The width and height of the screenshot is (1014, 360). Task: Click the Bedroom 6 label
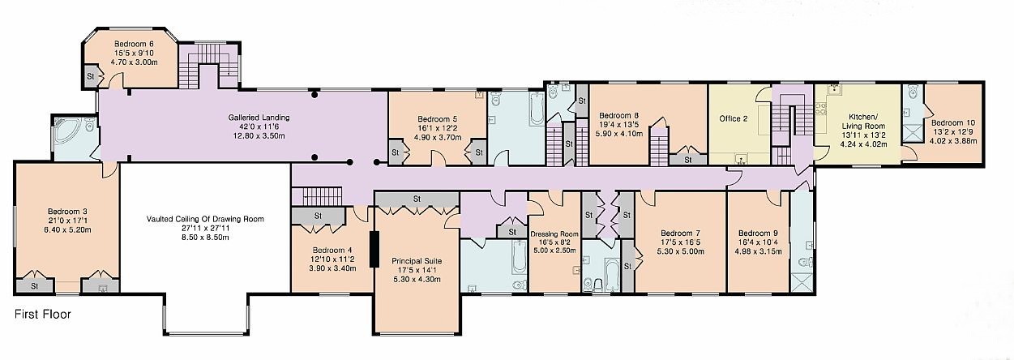(x=134, y=44)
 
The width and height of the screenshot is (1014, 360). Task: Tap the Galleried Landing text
(x=259, y=118)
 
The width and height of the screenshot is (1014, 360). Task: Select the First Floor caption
(x=42, y=315)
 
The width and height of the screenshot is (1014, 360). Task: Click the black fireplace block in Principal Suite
(x=374, y=249)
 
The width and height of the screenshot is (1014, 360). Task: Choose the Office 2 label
(x=734, y=118)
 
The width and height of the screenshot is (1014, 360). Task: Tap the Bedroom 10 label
(x=952, y=122)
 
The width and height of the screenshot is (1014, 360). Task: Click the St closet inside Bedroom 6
(x=91, y=76)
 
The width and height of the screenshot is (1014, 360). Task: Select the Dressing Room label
(x=554, y=234)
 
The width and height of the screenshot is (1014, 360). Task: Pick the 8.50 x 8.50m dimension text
(x=206, y=238)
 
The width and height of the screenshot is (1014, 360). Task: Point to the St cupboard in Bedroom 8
(x=688, y=160)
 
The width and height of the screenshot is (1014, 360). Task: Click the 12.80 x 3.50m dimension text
(x=259, y=136)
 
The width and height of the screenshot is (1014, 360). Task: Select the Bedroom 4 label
(x=332, y=250)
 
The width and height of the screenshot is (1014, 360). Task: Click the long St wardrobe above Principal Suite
(x=417, y=199)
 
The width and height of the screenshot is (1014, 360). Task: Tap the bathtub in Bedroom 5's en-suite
(x=537, y=109)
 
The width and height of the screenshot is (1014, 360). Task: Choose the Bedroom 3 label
(x=67, y=212)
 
